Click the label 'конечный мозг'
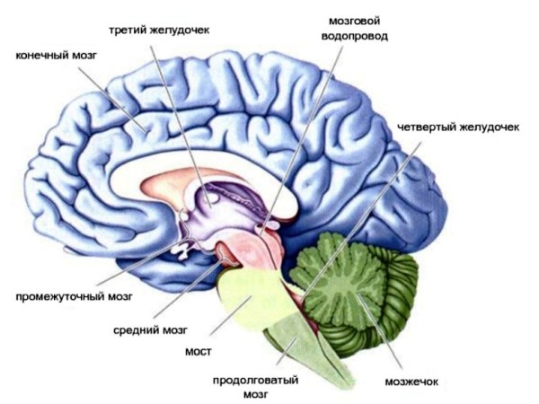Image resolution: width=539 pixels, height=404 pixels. click(55, 56)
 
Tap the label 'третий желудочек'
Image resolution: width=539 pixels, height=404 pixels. click(159, 30)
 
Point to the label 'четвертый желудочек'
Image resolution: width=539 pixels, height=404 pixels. click(459, 127)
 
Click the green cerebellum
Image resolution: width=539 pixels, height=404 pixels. click(359, 287)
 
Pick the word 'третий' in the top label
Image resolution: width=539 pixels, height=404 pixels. click(128, 30)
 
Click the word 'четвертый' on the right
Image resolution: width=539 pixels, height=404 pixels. click(426, 127)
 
